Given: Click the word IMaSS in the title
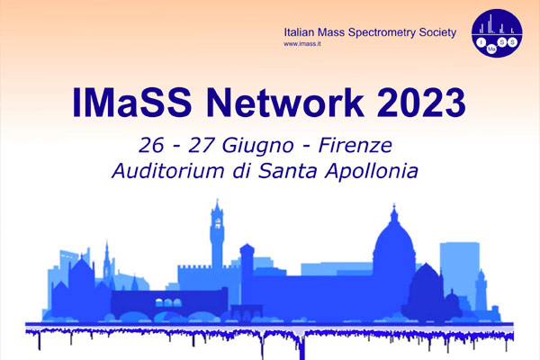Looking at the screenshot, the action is tap(131, 103).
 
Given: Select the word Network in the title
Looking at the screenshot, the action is tap(284, 103).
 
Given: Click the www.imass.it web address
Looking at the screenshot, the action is tap(302, 44).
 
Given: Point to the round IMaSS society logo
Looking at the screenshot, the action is tap(497, 32).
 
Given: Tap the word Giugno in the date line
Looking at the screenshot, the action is tap(257, 146).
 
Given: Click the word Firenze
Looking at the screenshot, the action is tap(355, 146).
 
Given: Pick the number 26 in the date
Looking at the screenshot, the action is tap(151, 146).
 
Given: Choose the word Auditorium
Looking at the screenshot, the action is tap(168, 171).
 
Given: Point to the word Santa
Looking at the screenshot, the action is tap(288, 171).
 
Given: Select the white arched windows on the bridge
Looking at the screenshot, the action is tap(168, 302).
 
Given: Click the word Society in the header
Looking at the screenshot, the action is tap(437, 33).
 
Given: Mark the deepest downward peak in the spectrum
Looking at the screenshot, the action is tap(302, 351).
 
